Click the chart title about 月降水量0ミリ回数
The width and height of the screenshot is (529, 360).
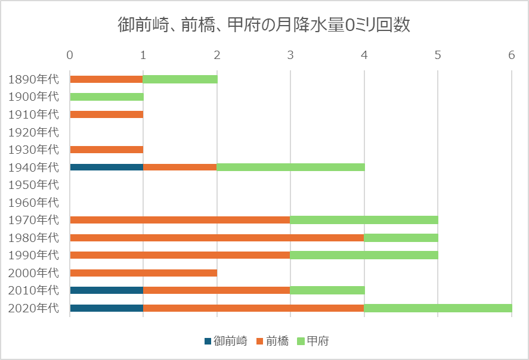(x=264, y=25)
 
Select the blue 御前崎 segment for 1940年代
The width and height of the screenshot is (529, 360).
(x=106, y=167)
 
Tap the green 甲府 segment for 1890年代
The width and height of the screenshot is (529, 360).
(x=180, y=79)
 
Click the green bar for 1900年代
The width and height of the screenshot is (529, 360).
(x=106, y=97)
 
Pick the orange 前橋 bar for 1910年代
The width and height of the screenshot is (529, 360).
(x=106, y=114)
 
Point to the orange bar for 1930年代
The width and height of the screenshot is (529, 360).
(x=106, y=150)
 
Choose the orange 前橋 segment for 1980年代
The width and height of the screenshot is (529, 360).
(x=216, y=237)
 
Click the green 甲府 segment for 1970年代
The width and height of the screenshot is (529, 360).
(x=364, y=220)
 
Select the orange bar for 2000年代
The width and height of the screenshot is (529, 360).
(x=143, y=273)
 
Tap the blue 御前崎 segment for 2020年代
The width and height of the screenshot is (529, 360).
(x=106, y=308)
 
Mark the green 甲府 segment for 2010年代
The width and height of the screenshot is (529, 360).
(x=327, y=290)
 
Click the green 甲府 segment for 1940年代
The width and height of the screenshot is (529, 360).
(x=290, y=167)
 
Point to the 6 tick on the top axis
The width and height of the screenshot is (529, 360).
(x=511, y=55)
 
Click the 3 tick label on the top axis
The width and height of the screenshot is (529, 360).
(x=290, y=55)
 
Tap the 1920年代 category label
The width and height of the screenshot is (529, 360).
(x=34, y=132)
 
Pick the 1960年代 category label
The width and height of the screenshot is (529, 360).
(x=34, y=202)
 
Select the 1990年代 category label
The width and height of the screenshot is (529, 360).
(x=34, y=255)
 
